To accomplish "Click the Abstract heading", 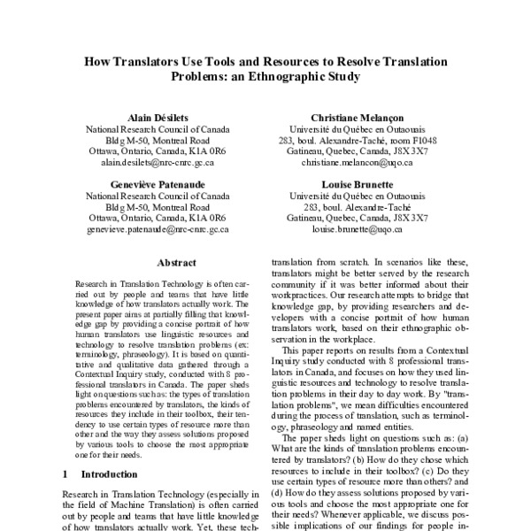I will (158, 262).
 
